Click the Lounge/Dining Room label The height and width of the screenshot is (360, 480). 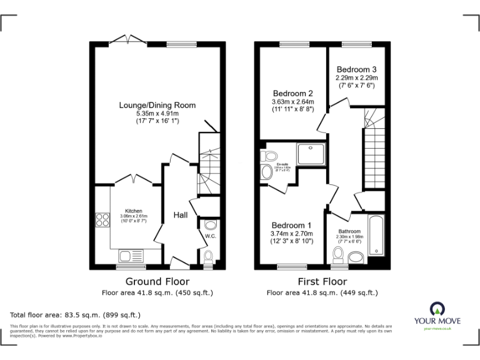(x=157, y=105)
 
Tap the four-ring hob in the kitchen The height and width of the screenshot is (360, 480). (x=101, y=219)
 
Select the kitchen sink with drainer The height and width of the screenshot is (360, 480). (x=131, y=256)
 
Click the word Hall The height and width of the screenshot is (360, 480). (x=181, y=215)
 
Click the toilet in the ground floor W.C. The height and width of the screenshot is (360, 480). (x=209, y=256)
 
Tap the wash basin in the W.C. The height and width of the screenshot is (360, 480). (x=211, y=224)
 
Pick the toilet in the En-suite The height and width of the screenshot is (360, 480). (x=270, y=156)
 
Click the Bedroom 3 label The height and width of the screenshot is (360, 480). (x=356, y=69)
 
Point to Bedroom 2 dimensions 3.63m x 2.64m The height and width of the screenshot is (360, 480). (x=292, y=101)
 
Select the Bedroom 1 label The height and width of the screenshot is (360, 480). (x=291, y=226)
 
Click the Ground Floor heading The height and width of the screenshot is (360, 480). (x=157, y=282)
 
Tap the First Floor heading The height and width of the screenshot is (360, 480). (x=322, y=282)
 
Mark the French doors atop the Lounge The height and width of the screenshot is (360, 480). (x=130, y=41)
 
